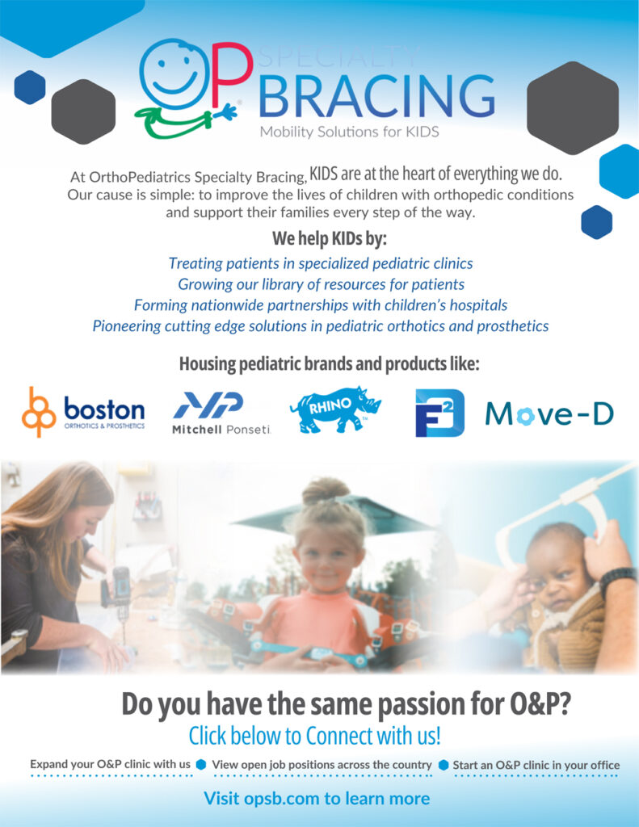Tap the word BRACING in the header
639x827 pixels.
tap(376, 96)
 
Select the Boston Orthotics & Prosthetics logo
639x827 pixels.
tap(83, 412)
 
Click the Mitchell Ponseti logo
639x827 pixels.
tap(221, 413)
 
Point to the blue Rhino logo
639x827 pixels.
tap(335, 409)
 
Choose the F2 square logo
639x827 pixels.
tap(439, 413)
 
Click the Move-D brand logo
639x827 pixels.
tap(549, 414)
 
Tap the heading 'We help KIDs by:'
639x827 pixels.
tap(330, 238)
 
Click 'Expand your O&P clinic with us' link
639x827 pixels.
tap(111, 764)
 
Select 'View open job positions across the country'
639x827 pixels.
tap(322, 765)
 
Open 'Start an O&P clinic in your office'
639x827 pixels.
tap(536, 766)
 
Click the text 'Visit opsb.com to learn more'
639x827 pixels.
tap(317, 799)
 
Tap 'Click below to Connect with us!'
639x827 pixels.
tap(314, 736)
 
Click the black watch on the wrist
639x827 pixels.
tap(618, 580)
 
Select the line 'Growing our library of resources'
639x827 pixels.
tap(321, 284)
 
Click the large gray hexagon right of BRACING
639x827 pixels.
tap(573, 107)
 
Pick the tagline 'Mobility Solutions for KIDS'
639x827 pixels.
tap(349, 132)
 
